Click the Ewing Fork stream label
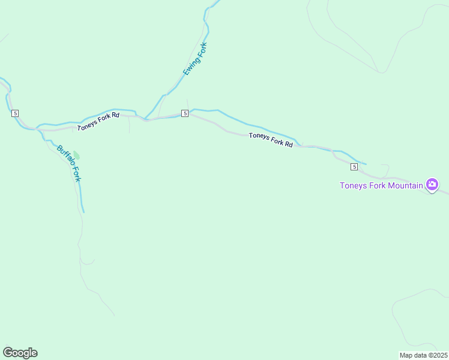click(195, 59)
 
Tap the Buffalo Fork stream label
click(69, 163)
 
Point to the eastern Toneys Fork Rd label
click(271, 140)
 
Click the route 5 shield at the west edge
click(15, 113)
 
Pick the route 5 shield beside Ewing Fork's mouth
click(185, 113)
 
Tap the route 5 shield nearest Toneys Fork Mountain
click(355, 166)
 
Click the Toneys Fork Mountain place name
click(381, 185)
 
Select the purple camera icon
click(432, 184)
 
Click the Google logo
click(20, 353)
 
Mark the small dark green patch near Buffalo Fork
click(76, 155)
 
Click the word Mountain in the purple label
click(403, 185)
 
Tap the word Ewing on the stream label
click(190, 67)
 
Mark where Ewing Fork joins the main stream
click(145, 119)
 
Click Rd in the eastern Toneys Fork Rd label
click(288, 144)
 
